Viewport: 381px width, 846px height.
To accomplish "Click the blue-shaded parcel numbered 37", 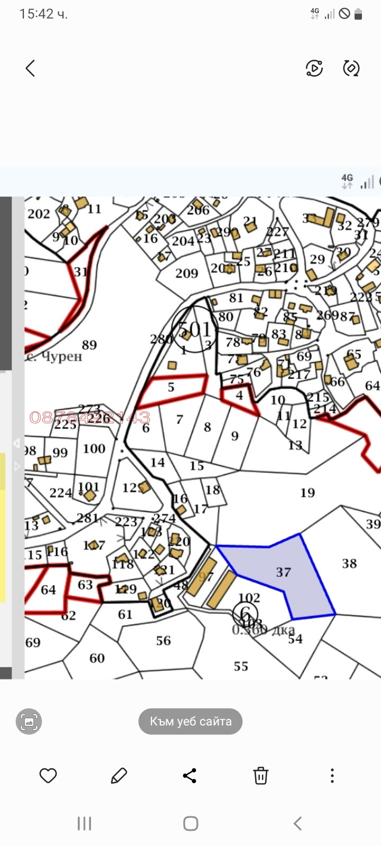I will point(284,572).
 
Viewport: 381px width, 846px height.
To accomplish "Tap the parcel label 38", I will point(349,563).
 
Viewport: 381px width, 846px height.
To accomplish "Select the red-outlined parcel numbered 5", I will point(171,387).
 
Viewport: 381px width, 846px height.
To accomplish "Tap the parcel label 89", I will point(89,345).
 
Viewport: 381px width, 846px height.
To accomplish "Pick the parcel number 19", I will point(307,493).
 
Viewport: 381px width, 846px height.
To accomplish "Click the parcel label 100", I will point(94,448).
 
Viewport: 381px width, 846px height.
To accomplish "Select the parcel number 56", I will point(164,640).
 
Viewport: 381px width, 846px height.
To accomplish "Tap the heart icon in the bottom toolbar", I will point(48,776).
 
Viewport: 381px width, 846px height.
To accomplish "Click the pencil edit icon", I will point(119,776).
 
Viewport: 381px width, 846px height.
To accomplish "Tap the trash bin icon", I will point(260,776).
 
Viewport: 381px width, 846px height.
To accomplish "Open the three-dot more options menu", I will point(332,776).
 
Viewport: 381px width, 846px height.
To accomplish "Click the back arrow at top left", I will point(30,68).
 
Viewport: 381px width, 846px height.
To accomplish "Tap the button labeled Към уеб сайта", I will point(190,721).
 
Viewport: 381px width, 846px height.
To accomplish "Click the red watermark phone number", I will point(90,418).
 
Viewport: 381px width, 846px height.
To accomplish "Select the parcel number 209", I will point(187,273).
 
